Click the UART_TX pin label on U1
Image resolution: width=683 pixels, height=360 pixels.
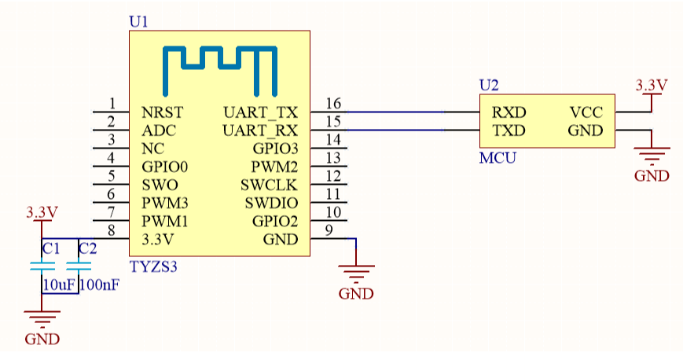[260, 112]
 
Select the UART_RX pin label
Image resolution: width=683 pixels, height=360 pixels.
[260, 130]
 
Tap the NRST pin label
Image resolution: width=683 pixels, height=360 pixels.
[163, 112]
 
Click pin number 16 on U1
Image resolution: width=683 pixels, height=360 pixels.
[332, 104]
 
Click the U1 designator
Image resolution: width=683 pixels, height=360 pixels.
[138, 22]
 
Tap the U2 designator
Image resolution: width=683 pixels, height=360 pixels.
[489, 85]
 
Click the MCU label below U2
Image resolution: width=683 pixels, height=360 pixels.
[498, 158]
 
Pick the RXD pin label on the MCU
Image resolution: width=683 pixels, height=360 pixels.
[509, 112]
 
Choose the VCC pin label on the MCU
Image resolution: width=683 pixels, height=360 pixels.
[586, 112]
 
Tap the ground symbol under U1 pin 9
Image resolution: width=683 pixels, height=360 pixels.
[357, 275]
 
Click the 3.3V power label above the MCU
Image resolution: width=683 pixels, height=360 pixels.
[651, 85]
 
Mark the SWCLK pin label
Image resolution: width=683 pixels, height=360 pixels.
[270, 185]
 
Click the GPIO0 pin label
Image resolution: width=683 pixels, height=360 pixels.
[165, 167]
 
